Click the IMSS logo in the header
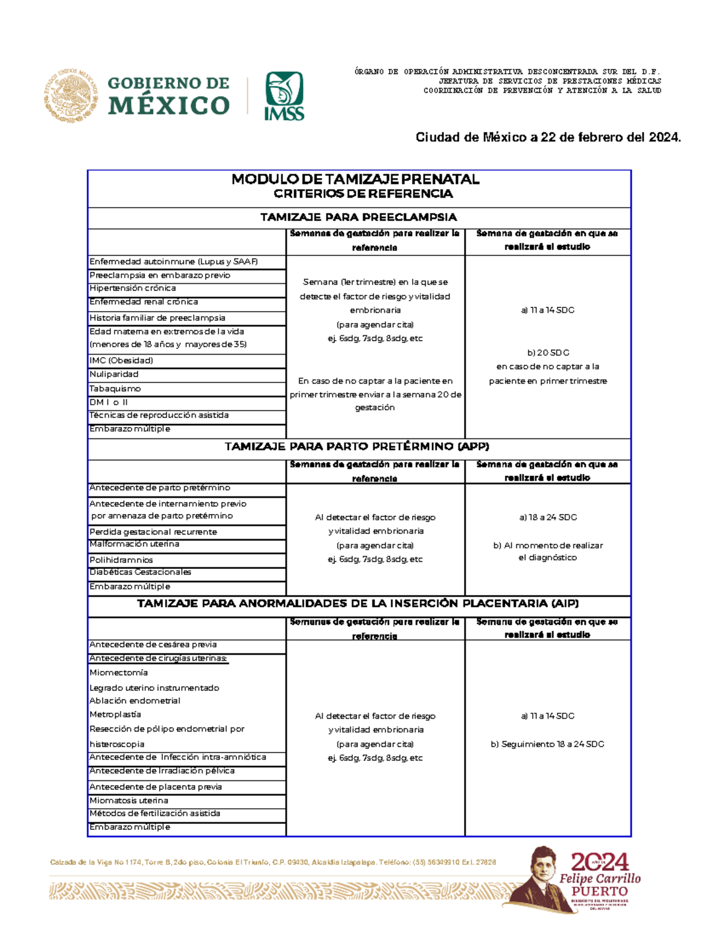point(284,95)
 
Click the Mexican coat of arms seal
point(71,96)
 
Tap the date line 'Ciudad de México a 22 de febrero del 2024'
point(548,138)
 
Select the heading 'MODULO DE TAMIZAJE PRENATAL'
point(355,179)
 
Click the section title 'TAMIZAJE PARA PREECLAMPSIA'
point(358,217)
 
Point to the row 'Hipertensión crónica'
point(133,288)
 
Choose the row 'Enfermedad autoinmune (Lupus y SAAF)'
point(174,262)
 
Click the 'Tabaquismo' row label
point(115,388)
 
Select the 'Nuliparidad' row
point(114,374)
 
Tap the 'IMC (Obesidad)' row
point(121,361)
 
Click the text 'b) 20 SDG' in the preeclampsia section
point(548,353)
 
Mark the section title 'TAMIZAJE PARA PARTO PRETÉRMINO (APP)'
point(357,446)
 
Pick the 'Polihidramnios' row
point(121,560)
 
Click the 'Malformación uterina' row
point(134,544)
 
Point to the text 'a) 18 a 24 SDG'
point(548,518)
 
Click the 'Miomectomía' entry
point(119,672)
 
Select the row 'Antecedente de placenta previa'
point(156,787)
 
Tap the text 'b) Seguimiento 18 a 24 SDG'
point(547,744)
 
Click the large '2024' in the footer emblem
point(600,862)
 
